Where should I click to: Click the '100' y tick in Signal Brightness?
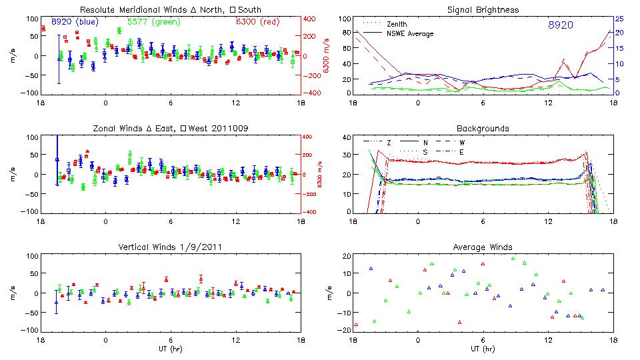pyautogui.click(x=342, y=19)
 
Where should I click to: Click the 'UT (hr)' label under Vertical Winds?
pyautogui.click(x=170, y=348)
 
